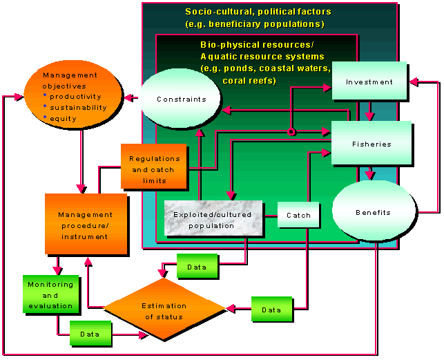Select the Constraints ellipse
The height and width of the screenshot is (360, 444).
(181, 98)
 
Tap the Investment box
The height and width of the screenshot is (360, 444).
(369, 82)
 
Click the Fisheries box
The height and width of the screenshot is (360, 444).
(371, 144)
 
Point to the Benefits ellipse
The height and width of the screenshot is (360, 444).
(373, 211)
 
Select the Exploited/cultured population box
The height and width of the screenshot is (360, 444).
(214, 219)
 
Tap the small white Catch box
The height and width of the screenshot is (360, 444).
(298, 215)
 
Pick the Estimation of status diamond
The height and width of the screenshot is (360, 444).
(164, 310)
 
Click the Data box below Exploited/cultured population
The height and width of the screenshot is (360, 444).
(197, 267)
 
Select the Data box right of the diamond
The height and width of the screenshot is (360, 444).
(271, 309)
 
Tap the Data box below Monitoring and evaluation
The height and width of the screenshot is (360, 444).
(90, 333)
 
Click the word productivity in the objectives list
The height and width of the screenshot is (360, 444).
(76, 97)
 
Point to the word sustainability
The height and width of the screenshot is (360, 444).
(79, 108)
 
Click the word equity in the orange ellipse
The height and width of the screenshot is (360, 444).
(64, 119)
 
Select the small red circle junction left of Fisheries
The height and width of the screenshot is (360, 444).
(291, 131)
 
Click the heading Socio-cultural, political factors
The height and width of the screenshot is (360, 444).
(258, 12)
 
